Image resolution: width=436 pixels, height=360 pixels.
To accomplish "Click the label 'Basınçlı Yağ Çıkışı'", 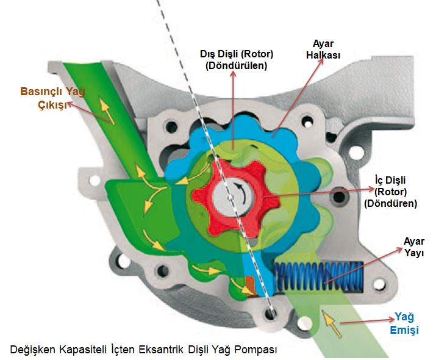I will tap(51, 98).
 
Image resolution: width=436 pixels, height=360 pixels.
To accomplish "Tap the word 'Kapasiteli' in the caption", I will tap(82, 350).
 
